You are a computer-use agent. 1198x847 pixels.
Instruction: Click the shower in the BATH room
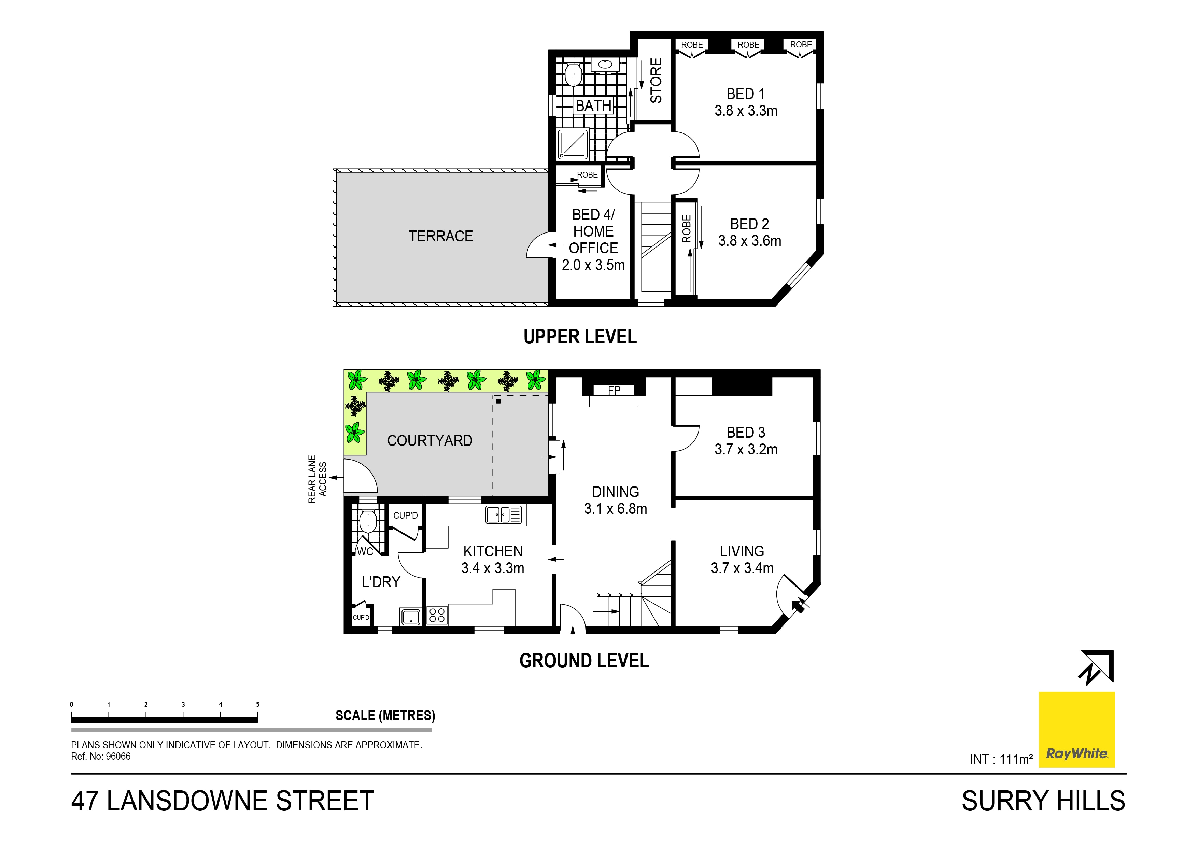pos(573,144)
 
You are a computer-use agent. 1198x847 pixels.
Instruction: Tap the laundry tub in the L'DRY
pos(411,616)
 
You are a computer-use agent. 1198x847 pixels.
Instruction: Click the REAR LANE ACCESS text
pos(317,479)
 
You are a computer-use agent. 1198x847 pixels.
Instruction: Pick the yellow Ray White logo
pos(1076,730)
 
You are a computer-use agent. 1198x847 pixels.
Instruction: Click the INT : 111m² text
pos(1001,759)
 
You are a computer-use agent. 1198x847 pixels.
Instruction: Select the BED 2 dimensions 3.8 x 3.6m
pos(749,241)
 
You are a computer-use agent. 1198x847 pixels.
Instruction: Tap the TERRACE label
pos(440,236)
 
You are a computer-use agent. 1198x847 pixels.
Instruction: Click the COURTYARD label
pos(429,441)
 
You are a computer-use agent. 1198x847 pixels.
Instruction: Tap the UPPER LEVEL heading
pos(580,337)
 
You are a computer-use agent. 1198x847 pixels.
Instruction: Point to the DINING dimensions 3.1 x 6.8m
pos(615,509)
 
